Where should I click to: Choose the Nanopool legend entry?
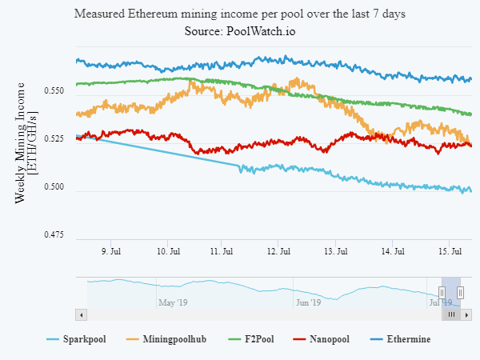click(x=327, y=339)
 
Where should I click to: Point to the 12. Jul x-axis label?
click(x=278, y=251)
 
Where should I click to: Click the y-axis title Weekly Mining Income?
click(x=22, y=142)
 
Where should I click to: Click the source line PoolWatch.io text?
click(x=261, y=30)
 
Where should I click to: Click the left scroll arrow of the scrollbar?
click(x=79, y=314)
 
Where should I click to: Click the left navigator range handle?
click(x=442, y=293)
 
